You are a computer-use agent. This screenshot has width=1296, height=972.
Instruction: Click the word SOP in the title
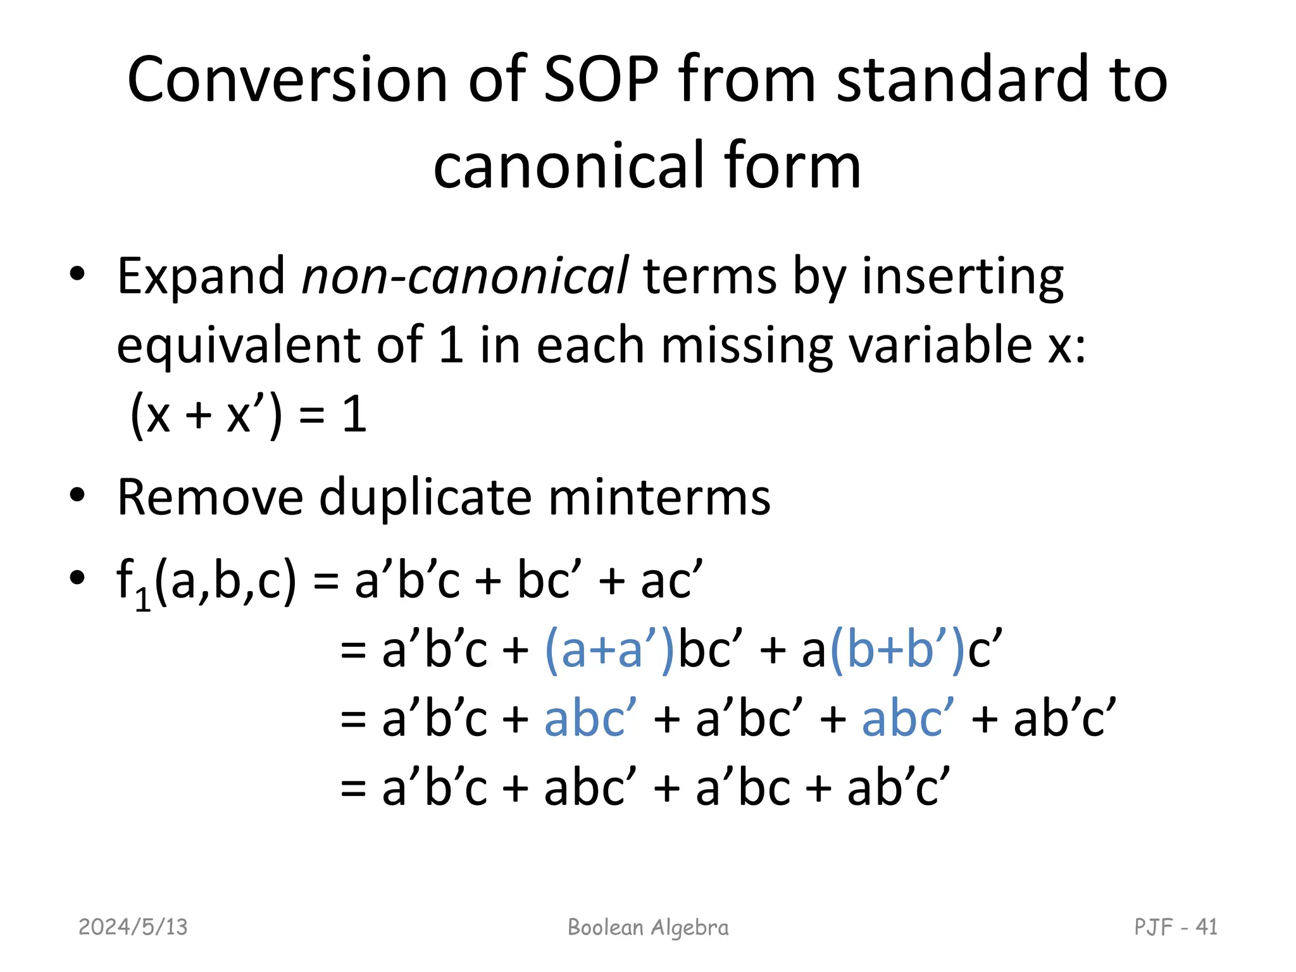[x=601, y=80]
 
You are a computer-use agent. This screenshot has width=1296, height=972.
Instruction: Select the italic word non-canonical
[x=465, y=276]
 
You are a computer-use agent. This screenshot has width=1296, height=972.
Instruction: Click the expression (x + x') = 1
[x=248, y=415]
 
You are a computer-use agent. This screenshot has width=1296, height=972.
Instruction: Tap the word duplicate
[x=425, y=497]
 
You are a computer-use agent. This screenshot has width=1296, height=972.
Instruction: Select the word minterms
[x=659, y=497]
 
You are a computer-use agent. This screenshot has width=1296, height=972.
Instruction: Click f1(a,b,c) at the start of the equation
[x=206, y=581]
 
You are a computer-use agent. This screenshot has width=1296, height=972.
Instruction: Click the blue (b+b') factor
[x=897, y=651]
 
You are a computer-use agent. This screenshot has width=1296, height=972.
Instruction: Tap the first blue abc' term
[x=590, y=720]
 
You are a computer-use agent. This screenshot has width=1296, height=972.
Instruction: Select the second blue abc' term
[x=908, y=720]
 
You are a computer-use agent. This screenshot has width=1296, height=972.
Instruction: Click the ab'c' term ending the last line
[x=899, y=789]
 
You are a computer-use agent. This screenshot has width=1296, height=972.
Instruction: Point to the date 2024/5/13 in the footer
[x=133, y=927]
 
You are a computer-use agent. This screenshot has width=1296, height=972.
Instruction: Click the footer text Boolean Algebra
[x=648, y=927]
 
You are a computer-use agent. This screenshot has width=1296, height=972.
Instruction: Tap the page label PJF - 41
[x=1175, y=927]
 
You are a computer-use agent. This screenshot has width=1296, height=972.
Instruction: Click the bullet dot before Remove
[x=77, y=495]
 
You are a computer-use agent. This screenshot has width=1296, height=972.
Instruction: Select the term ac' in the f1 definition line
[x=671, y=581]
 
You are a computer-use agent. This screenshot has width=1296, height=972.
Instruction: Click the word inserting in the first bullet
[x=963, y=276]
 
